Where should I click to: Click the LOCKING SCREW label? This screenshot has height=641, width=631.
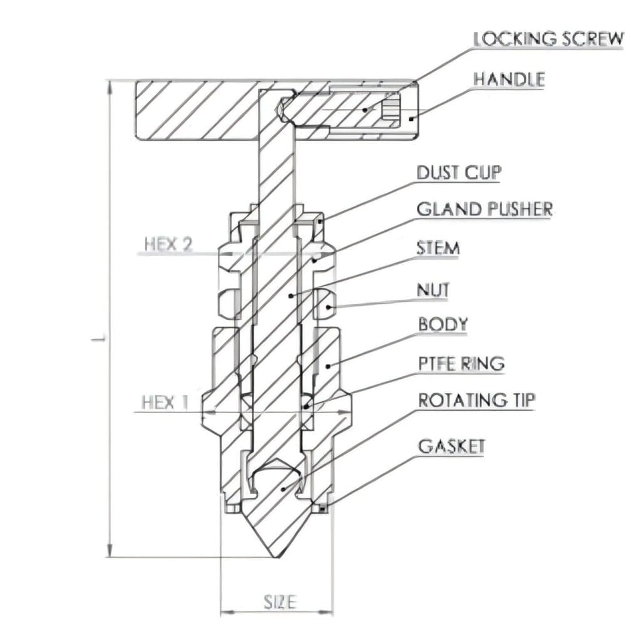(548, 39)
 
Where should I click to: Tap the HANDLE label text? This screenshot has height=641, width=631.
(508, 79)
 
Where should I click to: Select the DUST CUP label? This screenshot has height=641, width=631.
(459, 172)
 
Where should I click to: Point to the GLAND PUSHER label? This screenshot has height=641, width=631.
(485, 209)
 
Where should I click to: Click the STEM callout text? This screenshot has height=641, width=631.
(438, 248)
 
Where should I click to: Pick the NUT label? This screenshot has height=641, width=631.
(433, 290)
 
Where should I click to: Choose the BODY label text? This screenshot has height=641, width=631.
(443, 324)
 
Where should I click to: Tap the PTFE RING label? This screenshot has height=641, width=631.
(461, 363)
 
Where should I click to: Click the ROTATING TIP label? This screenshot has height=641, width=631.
(476, 401)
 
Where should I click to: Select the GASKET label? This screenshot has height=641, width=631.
(451, 446)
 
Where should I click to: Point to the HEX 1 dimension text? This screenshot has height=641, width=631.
(165, 402)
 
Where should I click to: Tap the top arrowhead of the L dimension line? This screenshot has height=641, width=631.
(110, 85)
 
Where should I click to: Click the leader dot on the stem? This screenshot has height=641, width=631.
(290, 294)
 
